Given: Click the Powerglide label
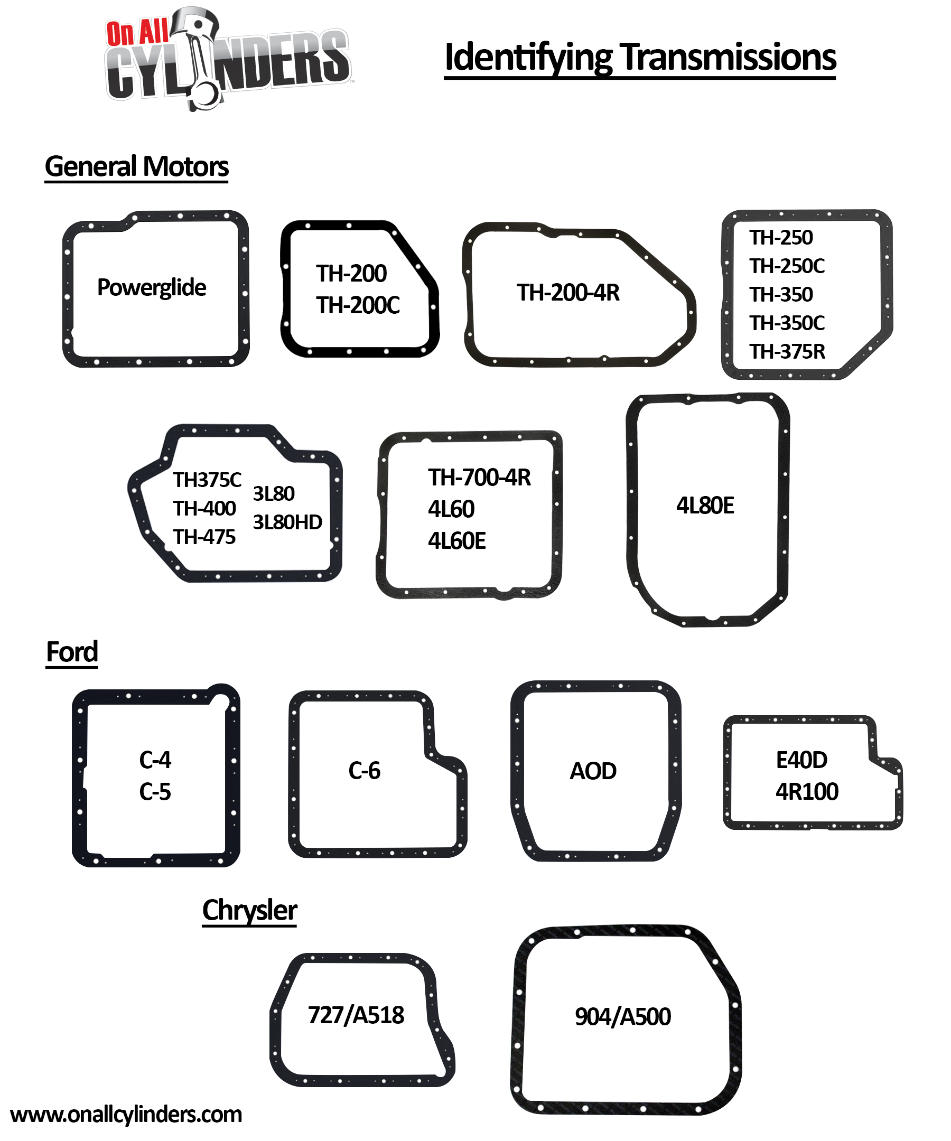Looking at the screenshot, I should click(x=152, y=287).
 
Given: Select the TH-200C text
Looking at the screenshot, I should click(x=358, y=305).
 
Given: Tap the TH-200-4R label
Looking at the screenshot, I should click(x=568, y=292).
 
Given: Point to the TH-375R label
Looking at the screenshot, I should click(x=787, y=351).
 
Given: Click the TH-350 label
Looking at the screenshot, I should click(x=781, y=294).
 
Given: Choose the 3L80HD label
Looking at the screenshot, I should click(x=287, y=522).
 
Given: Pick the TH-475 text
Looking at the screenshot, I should click(x=204, y=537).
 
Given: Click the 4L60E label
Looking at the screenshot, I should click(x=456, y=541).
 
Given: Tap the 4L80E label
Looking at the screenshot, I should click(x=705, y=506).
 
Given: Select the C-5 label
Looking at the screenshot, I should click(x=155, y=792).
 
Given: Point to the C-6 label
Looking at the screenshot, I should click(x=364, y=771).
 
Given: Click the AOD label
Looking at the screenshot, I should click(x=593, y=771).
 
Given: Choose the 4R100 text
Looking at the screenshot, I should click(x=806, y=792).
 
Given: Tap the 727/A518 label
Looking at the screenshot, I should click(x=356, y=1015).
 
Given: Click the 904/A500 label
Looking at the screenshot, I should click(x=623, y=1016).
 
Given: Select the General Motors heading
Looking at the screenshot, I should click(x=136, y=166).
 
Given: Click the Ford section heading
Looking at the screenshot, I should click(x=72, y=651).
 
